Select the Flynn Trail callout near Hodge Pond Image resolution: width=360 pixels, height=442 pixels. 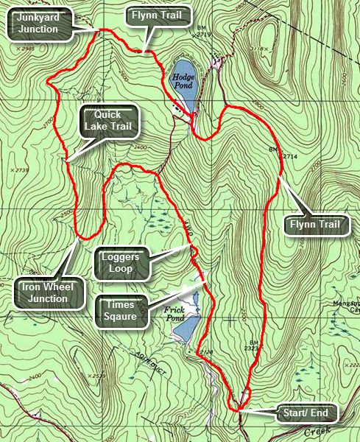(x=160, y=14)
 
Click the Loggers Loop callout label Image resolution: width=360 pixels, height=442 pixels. (x=121, y=262)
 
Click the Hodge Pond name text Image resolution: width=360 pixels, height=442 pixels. (x=182, y=80)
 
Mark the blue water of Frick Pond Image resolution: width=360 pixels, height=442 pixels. (x=188, y=327)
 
